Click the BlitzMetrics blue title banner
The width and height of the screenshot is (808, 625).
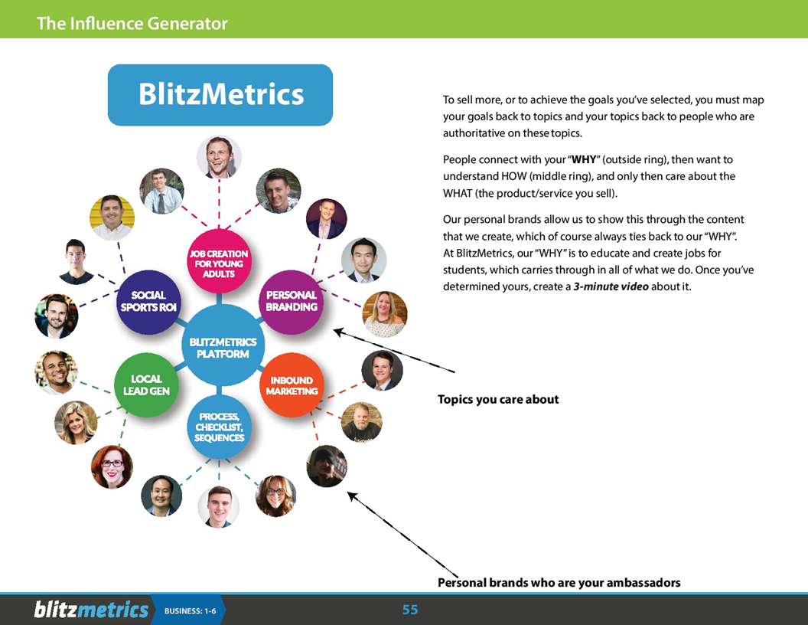point(220,95)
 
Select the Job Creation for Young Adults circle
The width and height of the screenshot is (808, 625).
point(219,263)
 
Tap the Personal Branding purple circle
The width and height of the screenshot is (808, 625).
point(291,301)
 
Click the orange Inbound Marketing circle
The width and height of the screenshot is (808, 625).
point(291,385)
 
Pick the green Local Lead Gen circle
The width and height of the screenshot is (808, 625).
point(146,384)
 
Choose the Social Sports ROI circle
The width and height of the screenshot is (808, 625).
point(148,301)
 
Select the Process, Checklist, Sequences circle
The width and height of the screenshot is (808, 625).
point(219,427)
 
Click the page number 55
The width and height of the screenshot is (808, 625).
point(410,610)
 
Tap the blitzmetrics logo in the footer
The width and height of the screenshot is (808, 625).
point(90,610)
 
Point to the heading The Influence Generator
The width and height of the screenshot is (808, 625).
point(132,24)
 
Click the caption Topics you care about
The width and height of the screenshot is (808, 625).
point(498,399)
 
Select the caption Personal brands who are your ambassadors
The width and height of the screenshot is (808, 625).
point(559,583)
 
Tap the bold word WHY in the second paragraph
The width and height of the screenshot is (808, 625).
point(584,159)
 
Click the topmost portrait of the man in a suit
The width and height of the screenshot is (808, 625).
point(219,157)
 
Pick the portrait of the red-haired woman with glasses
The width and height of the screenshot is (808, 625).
point(112,466)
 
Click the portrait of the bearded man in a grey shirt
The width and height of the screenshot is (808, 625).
point(361,421)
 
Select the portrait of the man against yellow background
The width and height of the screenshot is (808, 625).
point(112,218)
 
